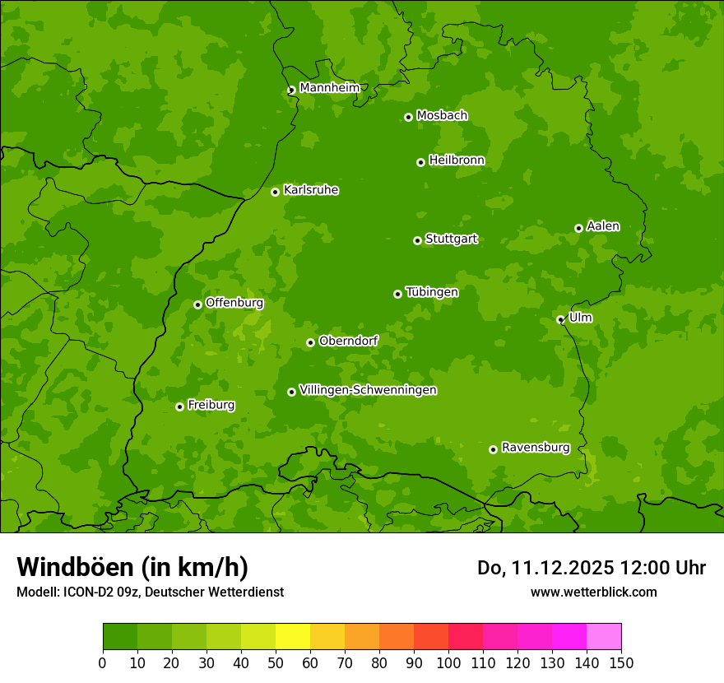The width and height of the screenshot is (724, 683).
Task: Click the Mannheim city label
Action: point(329,87)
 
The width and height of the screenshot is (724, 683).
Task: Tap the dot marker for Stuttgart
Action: point(417,240)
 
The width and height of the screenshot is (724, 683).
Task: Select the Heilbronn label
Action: point(457,160)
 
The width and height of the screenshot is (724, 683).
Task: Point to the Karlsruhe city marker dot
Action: point(275,192)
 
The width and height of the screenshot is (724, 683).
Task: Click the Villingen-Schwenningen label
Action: point(368,390)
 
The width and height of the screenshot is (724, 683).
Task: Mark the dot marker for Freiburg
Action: point(179,407)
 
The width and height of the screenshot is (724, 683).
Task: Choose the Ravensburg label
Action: point(536,448)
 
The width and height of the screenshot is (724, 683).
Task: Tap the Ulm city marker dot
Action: point(560,319)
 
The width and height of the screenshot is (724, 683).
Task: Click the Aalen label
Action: point(603,226)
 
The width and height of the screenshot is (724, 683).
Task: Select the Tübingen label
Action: point(432,292)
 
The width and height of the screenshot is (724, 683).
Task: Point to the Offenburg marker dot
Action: point(197,304)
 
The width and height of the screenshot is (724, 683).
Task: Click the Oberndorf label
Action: point(348,341)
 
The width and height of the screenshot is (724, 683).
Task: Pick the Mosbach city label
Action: point(442,115)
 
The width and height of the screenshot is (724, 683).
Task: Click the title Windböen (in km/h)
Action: point(132,567)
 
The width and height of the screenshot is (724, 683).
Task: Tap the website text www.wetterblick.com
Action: point(593,592)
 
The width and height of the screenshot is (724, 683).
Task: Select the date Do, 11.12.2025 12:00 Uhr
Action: point(592,568)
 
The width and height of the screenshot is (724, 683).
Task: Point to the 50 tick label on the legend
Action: point(276,662)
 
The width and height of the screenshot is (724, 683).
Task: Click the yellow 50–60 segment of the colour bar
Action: point(293,636)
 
